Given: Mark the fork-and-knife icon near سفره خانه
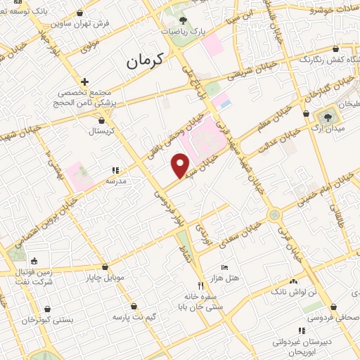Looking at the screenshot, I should click(x=201, y=285).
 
